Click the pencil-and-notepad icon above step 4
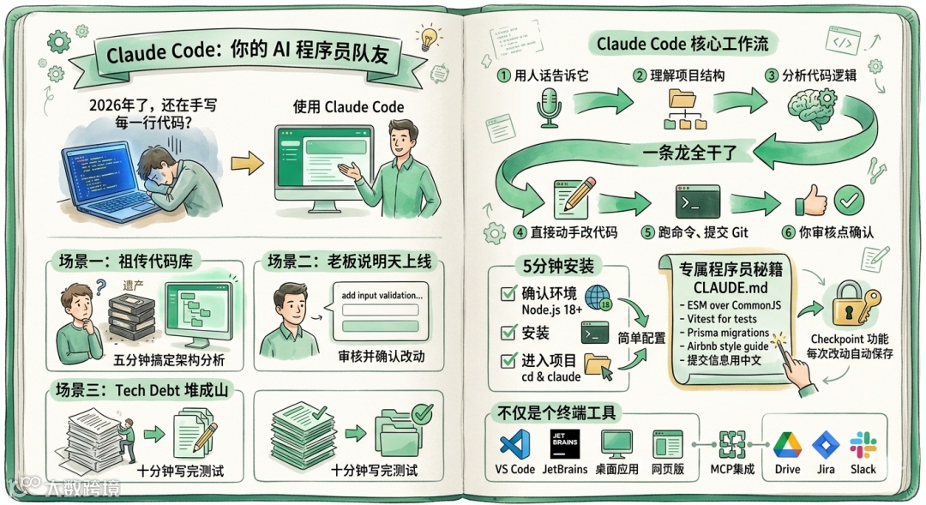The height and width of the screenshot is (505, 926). tap(574, 199)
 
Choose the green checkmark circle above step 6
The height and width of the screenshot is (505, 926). tap(848, 201)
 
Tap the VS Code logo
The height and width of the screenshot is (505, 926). tap(514, 443)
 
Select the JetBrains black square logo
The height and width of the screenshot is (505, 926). tap(567, 443)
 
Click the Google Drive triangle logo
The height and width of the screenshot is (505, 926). tap(787, 444)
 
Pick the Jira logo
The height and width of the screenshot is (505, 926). tap(826, 444)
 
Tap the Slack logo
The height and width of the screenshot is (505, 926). tap(863, 444)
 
